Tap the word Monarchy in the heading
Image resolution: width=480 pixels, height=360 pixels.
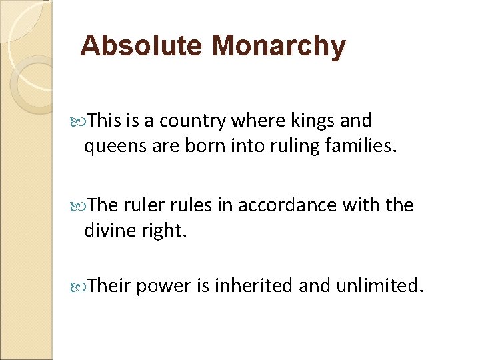278,46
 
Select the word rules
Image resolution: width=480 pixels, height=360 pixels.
197,205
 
